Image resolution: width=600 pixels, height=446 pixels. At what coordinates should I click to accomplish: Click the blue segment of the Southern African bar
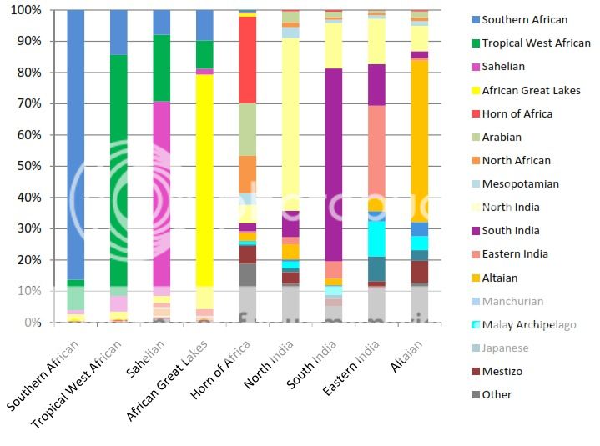tap(75, 142)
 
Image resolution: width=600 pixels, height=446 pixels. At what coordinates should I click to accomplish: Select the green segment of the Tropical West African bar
tap(118, 167)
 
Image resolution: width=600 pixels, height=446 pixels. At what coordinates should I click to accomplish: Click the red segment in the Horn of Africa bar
tap(247, 58)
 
